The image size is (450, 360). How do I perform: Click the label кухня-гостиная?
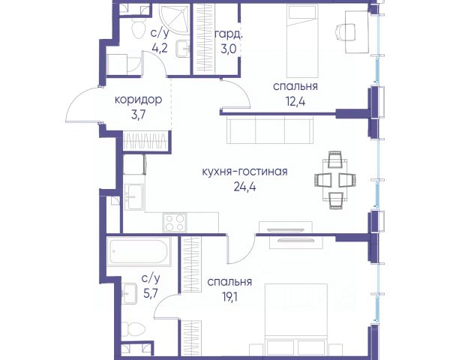coord(244,172)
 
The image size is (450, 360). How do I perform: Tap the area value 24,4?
coord(244,187)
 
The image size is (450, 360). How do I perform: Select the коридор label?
coord(138,100)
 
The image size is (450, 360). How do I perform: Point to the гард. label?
coord(229,34)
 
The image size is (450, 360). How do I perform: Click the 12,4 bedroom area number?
coord(295,101)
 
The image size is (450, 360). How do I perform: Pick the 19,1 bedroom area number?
coord(229,296)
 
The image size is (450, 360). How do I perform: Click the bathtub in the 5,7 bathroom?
coord(139,251)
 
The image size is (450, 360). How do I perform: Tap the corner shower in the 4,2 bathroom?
coord(175,18)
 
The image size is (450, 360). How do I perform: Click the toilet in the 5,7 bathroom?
coord(133,329)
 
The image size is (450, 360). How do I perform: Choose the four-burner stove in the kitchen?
coord(174,223)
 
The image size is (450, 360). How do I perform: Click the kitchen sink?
coord(134,197)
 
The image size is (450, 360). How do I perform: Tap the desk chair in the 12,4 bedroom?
coord(346,31)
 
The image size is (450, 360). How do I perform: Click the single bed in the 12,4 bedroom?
coord(303,41)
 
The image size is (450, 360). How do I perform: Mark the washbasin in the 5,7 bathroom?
coord(129,293)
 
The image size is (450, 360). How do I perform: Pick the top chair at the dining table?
coord(334,159)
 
